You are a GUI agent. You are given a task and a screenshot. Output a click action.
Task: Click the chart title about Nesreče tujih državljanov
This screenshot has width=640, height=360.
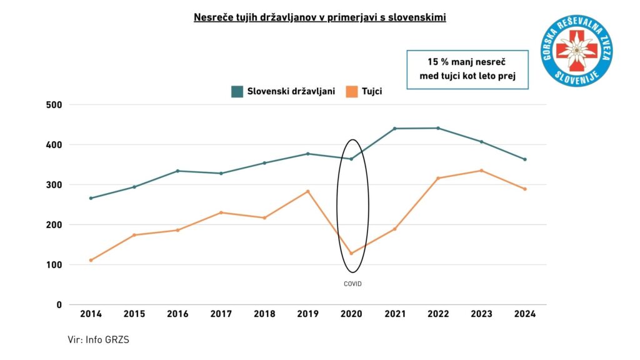coord(319,17)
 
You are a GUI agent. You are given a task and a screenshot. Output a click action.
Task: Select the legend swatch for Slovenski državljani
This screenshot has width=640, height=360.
coord(237,91)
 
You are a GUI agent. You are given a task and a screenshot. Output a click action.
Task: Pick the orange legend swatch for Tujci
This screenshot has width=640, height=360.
coord(353,91)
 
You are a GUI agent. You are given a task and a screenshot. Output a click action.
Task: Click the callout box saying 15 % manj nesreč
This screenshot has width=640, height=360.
coord(467,69)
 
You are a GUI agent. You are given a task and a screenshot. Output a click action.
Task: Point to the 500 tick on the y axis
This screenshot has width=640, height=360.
coord(54,104)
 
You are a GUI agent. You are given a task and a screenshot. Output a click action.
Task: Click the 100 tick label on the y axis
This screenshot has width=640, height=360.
coord(54,264)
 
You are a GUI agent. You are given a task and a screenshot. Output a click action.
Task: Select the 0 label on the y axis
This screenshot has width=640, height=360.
coord(59,304)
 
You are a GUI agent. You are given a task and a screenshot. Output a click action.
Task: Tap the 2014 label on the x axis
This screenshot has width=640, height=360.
coord(91,314)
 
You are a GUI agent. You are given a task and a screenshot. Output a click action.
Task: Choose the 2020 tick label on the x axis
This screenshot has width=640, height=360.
coord(352,314)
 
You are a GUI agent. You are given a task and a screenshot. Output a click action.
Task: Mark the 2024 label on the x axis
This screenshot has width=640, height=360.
coord(525,314)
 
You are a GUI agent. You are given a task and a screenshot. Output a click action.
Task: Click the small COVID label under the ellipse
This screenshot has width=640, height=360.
coord(352,284)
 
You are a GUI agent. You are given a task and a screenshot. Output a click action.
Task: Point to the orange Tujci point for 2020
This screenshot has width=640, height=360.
coord(352,253)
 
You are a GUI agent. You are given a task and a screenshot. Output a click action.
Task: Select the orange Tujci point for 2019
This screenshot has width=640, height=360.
coord(308,191)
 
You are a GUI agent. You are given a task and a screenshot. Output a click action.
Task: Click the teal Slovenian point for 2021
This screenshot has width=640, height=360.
coord(395,129)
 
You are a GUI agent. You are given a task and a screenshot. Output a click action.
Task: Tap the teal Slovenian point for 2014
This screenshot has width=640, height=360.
coord(91,198)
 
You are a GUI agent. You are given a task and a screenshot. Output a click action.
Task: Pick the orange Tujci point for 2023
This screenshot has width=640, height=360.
coord(481,171)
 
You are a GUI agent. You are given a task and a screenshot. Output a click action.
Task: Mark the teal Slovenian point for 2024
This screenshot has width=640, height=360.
coord(525,159)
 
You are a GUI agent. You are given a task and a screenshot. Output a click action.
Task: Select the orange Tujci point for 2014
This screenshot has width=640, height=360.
coord(91,260)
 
